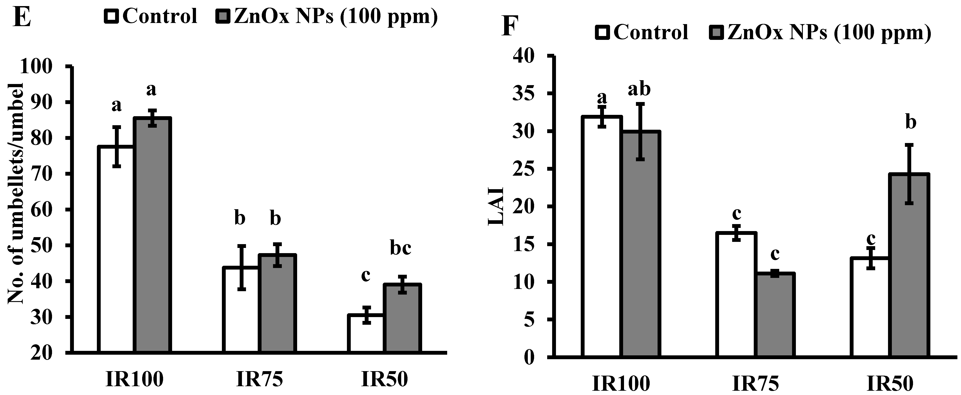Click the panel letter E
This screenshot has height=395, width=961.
(22, 17)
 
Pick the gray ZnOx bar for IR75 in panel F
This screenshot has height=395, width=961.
(775, 315)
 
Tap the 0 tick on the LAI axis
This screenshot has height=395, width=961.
(530, 358)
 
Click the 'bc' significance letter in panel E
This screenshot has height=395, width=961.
(401, 249)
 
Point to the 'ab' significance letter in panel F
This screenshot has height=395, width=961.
(639, 90)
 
